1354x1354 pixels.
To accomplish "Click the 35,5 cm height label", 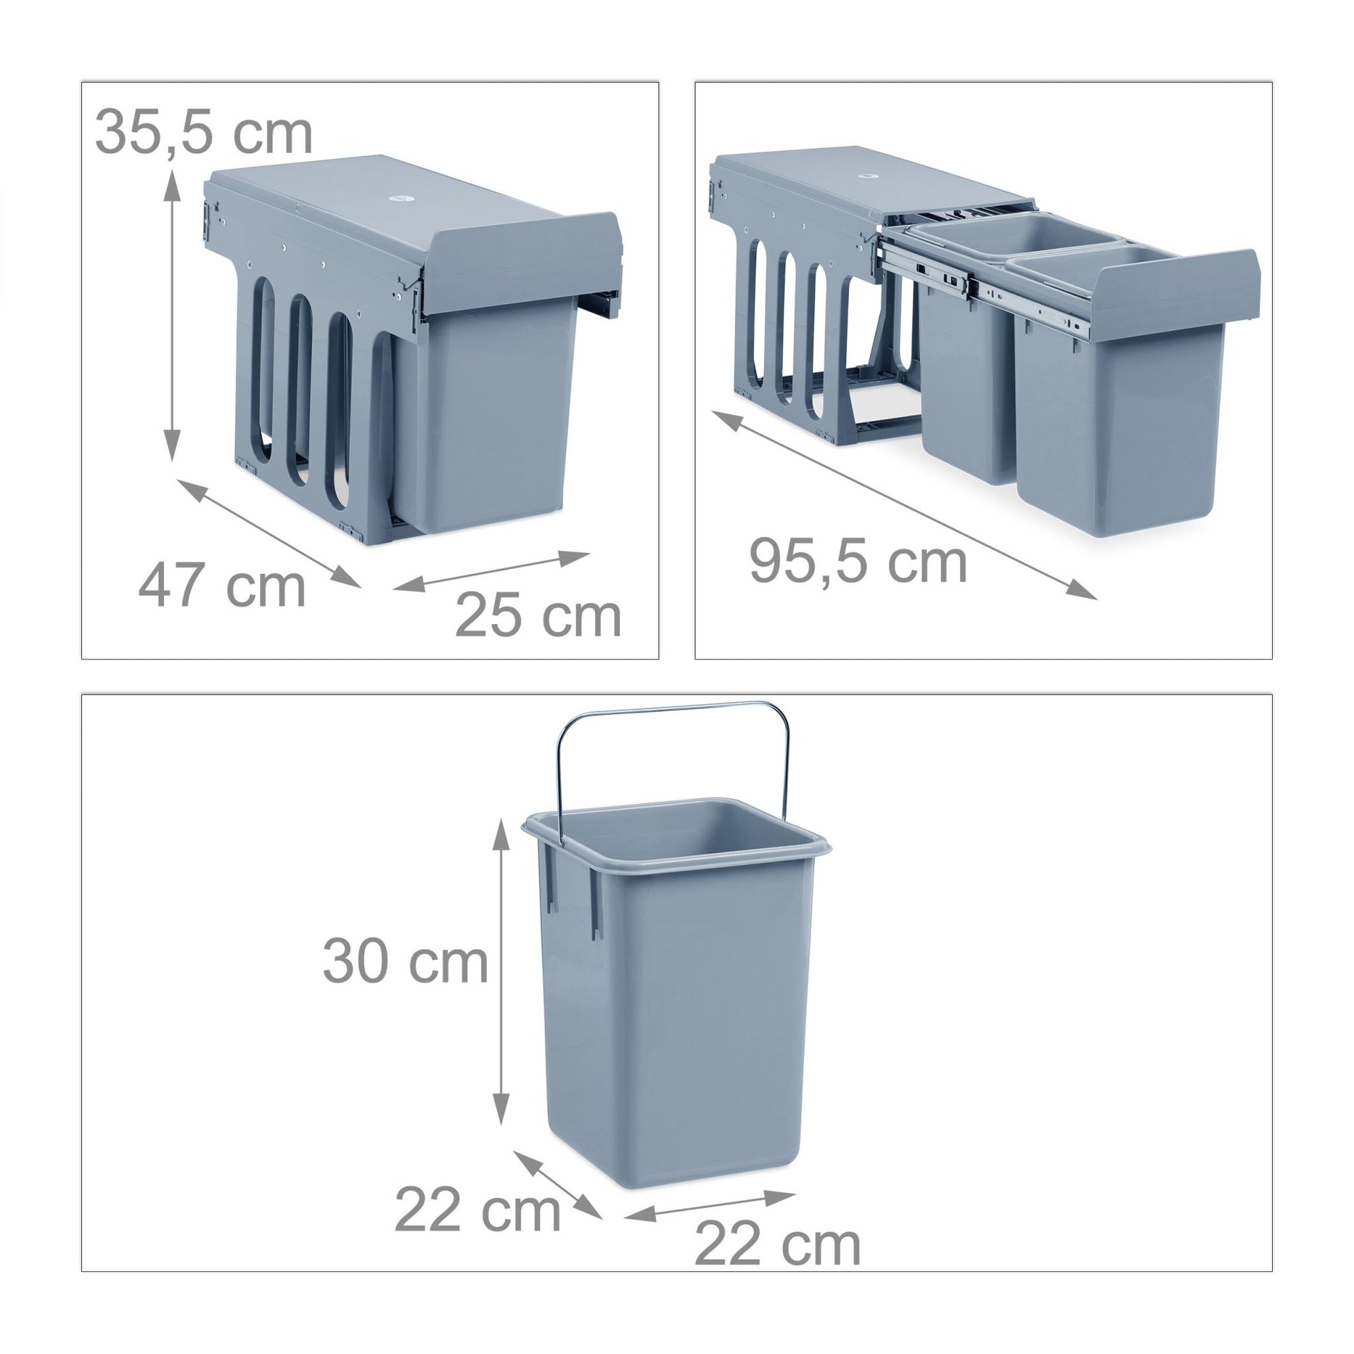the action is click(x=203, y=132).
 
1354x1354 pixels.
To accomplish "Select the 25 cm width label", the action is click(x=538, y=616).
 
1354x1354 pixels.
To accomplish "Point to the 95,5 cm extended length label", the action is click(x=858, y=561).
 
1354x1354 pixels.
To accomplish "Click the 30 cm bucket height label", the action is click(x=405, y=962).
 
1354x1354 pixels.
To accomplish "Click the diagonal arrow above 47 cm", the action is click(x=269, y=533).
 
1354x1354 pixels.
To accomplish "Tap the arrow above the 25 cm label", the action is click(x=492, y=571).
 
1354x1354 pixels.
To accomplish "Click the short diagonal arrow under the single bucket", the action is click(x=558, y=1185).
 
